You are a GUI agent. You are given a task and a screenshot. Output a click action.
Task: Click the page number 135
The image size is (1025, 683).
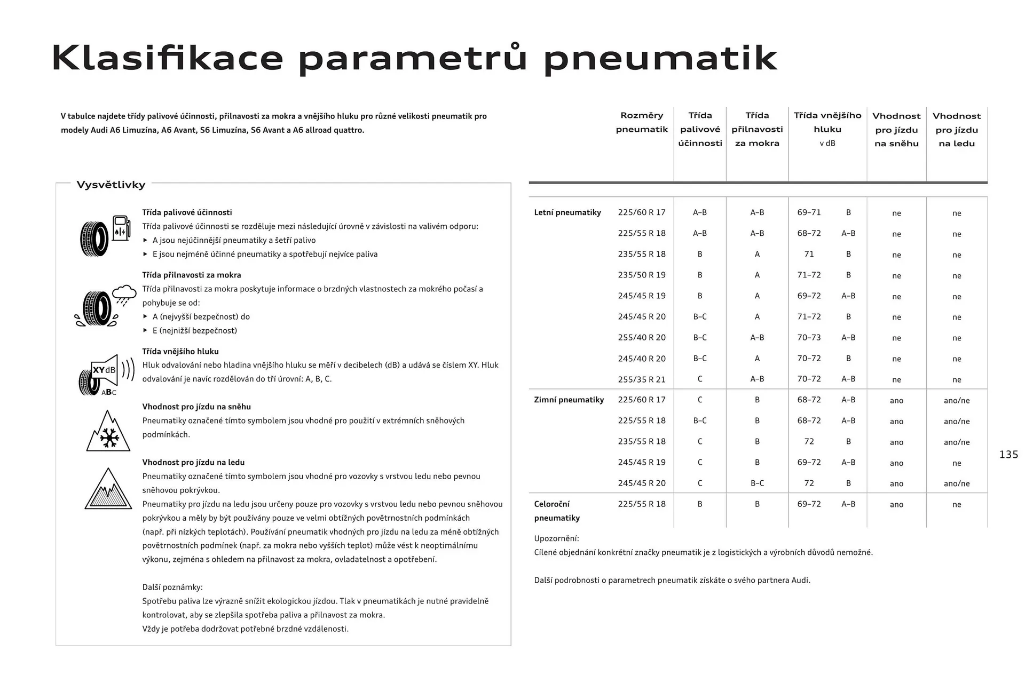tap(1008, 455)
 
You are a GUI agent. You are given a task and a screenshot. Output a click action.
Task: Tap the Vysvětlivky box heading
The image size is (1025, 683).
tap(111, 185)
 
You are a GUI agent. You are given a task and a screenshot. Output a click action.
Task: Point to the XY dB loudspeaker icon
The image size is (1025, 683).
tap(106, 375)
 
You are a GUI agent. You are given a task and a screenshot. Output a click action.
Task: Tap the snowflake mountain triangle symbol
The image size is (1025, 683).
tap(108, 431)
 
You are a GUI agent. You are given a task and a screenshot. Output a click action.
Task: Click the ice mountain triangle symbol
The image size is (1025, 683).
tap(108, 489)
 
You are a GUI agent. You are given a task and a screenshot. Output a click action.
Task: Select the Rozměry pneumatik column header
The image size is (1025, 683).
tap(642, 122)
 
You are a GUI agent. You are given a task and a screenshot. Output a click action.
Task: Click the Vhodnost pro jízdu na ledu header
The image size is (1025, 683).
tap(956, 130)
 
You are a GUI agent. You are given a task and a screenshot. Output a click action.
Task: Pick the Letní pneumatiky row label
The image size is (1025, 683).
tap(567, 212)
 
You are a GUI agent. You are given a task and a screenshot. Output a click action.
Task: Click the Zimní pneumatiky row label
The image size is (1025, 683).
tap(569, 400)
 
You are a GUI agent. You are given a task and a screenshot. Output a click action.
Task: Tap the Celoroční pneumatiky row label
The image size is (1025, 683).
tap(557, 511)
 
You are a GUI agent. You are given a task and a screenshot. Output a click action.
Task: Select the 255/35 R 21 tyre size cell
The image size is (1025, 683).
tap(642, 379)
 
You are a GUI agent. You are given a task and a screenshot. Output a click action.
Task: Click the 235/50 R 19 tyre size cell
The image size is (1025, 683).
tap(642, 275)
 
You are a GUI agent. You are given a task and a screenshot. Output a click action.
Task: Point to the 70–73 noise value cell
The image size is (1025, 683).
tap(809, 337)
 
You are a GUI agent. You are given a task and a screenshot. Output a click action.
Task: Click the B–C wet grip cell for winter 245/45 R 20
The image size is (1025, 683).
tap(757, 483)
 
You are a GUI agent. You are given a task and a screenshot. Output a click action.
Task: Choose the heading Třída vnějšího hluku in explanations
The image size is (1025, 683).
tap(180, 351)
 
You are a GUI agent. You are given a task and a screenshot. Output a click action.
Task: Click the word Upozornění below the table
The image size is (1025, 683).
tap(556, 538)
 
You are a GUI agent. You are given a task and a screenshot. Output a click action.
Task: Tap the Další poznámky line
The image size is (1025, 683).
tap(172, 587)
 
